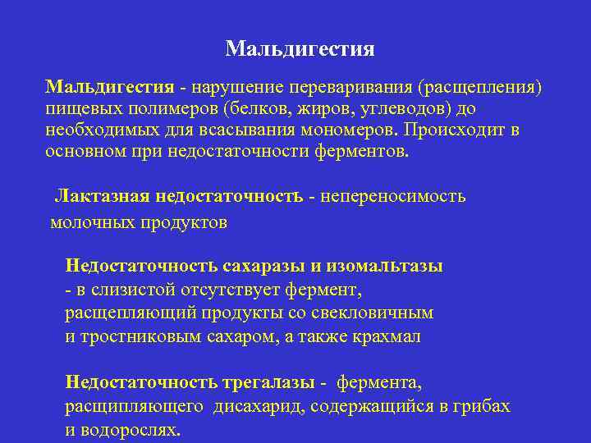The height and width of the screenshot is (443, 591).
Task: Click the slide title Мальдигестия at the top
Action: click(x=300, y=49)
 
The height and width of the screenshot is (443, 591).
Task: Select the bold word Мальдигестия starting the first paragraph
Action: click(x=109, y=88)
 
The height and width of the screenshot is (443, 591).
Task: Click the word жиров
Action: click(x=288, y=109)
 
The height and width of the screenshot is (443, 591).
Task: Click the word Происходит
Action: click(x=461, y=130)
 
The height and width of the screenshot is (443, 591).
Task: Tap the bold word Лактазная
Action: click(x=100, y=197)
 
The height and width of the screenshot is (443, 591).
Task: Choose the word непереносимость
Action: click(x=393, y=197)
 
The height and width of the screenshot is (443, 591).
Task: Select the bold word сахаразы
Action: click(x=264, y=266)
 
